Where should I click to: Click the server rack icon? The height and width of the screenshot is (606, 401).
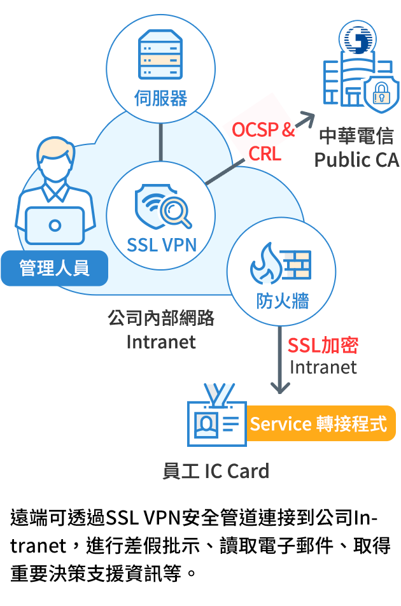[160, 56]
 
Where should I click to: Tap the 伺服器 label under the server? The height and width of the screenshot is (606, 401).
[160, 99]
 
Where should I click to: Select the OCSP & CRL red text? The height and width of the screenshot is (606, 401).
[263, 141]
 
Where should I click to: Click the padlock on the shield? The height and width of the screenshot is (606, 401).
[381, 94]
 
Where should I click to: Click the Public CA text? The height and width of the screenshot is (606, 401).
[356, 159]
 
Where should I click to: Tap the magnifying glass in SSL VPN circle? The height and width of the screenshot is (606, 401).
[174, 211]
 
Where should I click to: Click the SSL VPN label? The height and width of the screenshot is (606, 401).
[161, 244]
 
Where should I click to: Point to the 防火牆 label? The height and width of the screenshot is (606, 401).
[282, 300]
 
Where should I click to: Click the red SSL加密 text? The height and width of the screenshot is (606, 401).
[323, 345]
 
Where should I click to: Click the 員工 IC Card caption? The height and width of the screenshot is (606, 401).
[216, 471]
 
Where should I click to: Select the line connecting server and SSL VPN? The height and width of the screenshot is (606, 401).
[161, 142]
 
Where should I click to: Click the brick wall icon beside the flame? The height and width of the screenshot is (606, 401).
[296, 263]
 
